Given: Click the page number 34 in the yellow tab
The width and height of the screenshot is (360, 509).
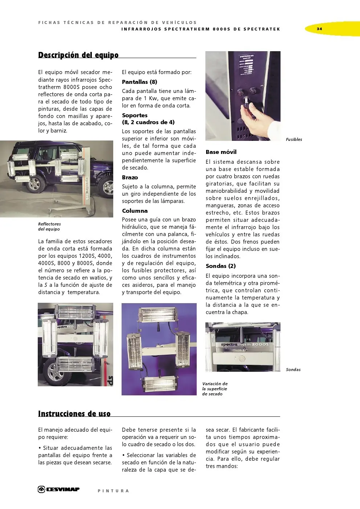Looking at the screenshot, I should click(x=319, y=29).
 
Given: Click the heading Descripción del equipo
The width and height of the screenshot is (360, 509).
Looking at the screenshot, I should click(x=78, y=55).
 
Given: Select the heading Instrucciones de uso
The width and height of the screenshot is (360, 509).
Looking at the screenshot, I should click(x=74, y=414).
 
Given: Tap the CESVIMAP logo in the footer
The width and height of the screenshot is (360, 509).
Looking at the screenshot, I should click(x=59, y=489).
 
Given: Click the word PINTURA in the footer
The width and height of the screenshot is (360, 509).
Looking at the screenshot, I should click(x=113, y=491).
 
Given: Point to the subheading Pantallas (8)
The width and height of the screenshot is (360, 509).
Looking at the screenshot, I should click(x=139, y=82).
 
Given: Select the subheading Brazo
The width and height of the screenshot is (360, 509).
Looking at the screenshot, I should click(x=130, y=178).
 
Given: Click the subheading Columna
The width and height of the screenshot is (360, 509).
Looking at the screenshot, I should click(x=135, y=211).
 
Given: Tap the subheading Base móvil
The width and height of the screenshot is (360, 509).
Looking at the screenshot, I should click(x=221, y=152).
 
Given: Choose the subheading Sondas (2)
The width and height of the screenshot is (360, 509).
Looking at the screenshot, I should click(x=221, y=266).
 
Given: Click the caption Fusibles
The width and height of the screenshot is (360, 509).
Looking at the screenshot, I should click(x=294, y=139).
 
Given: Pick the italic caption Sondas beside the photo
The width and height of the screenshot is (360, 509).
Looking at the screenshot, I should click(x=293, y=370).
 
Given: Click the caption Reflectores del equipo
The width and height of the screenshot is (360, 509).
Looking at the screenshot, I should click(x=49, y=227).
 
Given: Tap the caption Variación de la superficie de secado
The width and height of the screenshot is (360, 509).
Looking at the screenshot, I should click(x=215, y=389).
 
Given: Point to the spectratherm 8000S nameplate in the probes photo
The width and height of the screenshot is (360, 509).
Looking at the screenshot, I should click(x=245, y=345).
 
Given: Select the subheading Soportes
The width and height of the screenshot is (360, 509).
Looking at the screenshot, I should click(x=135, y=115).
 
